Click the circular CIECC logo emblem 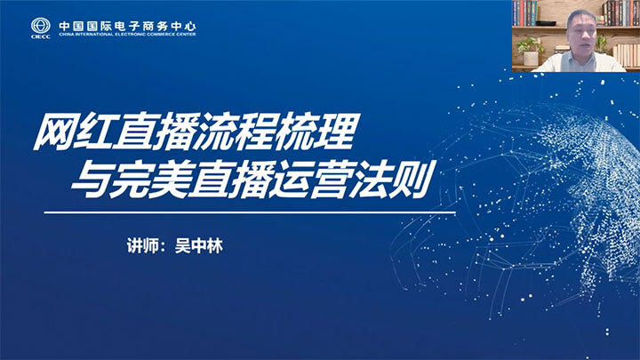[x=40, y=26]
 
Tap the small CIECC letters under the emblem [x=40, y=36]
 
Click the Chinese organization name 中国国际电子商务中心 [x=127, y=26]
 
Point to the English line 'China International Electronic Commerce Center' [x=127, y=35]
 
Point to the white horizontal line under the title [x=250, y=212]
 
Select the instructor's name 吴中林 [x=199, y=246]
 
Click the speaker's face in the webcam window [x=580, y=32]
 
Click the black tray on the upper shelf [x=546, y=23]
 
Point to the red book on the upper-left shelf [x=521, y=13]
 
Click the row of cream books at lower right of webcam [x=626, y=55]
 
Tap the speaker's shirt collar [x=581, y=57]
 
